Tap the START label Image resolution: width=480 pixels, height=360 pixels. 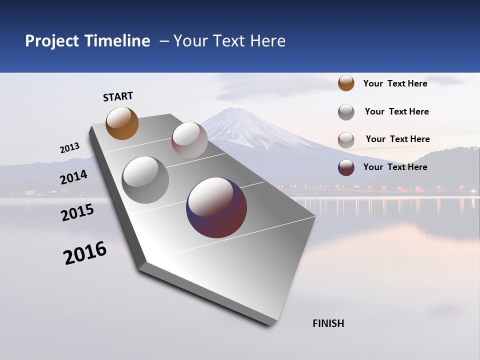pos(118,96)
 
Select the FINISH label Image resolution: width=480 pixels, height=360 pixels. pos(328,323)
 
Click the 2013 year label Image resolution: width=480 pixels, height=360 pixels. pos(69,148)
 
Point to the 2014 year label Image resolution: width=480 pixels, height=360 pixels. pos(73,177)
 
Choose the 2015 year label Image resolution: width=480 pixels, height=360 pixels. pos(77,212)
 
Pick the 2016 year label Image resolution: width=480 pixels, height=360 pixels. pos(85,252)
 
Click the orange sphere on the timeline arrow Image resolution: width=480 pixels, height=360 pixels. pos(122,123)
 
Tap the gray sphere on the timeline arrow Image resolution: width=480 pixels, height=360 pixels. pos(145,180)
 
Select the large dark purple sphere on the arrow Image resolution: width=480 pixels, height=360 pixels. pos(216,207)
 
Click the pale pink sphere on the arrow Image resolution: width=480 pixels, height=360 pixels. pos(189,139)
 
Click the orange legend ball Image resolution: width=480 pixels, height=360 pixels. pos(346,83)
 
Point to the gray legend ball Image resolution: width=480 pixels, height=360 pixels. pos(346,112)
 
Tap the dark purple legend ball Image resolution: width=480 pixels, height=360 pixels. pos(346,167)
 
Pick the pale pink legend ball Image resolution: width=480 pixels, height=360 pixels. pos(346,140)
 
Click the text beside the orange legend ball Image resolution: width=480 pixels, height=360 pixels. pos(395,83)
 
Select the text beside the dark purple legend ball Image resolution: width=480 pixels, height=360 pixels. pos(395,167)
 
